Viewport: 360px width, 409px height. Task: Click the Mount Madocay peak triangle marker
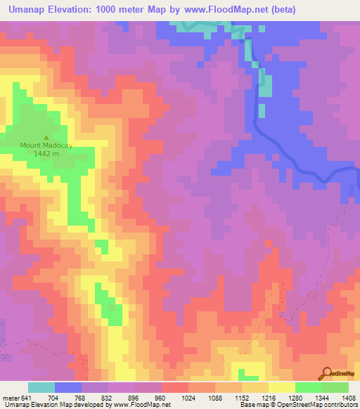(x=46, y=138)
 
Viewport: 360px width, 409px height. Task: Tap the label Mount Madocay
(x=46, y=145)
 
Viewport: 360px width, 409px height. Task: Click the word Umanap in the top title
(x=29, y=10)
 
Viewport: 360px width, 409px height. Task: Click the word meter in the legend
(x=11, y=397)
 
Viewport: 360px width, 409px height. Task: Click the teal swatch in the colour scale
(x=41, y=387)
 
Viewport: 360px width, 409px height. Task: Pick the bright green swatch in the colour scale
(x=309, y=387)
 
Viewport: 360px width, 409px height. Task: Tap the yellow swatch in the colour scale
(x=282, y=387)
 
